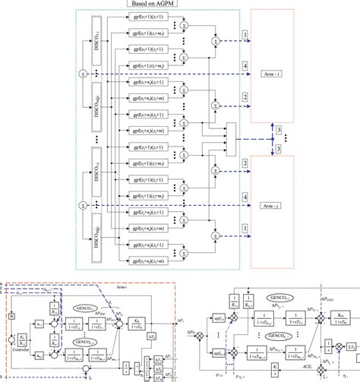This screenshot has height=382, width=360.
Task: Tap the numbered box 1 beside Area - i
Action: pos(245,36)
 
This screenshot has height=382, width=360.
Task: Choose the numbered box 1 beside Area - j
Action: pos(245,228)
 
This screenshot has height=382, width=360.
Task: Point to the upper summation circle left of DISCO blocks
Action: pos(82,74)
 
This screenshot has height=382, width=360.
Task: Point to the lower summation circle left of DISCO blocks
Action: pos(82,205)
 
